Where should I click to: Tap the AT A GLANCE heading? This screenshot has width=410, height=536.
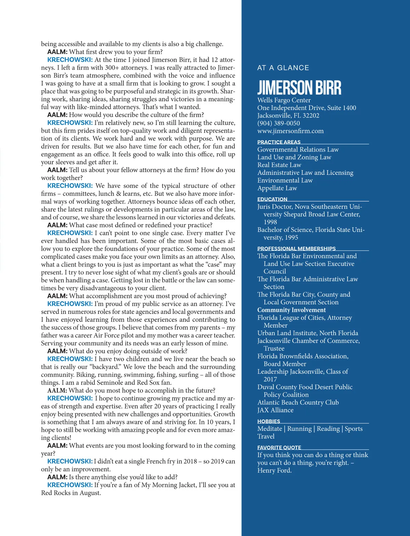pos(283,68)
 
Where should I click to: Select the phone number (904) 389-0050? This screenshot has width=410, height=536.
pos(278,123)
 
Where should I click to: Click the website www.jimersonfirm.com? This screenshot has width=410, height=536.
pos(290,131)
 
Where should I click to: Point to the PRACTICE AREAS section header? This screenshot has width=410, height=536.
pos(279,142)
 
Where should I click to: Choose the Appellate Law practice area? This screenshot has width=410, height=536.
pos(277,188)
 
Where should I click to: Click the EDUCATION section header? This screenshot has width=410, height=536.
pos(272,199)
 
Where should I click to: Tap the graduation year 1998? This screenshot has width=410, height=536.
pos(270,222)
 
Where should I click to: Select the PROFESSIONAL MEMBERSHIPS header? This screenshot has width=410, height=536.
pos(296,249)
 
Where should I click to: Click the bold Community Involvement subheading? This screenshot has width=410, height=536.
pos(291,310)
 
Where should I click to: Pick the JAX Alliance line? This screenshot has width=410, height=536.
pos(275,410)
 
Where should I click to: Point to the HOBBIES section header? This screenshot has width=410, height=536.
pos(269,421)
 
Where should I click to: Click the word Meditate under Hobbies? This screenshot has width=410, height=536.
pos(270,429)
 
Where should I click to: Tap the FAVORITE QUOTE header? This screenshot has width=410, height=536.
pos(279,448)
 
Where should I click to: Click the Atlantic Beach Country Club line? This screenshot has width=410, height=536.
pos(298,402)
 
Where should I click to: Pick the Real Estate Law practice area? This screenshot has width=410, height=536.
pos(279,165)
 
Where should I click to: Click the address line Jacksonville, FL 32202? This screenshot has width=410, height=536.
pos(288,115)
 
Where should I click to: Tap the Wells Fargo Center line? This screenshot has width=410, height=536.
pos(284,100)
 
